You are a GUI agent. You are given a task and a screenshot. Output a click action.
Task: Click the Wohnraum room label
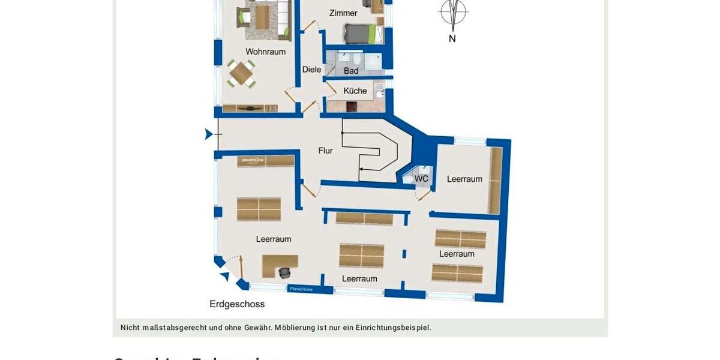pos(265,52)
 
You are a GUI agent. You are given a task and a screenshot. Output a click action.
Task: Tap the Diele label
pos(311,70)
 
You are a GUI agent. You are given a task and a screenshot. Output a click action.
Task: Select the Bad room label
pos(351,71)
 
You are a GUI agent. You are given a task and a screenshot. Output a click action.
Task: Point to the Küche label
pos(355,91)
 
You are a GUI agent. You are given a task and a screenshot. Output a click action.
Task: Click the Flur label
pos(325,151)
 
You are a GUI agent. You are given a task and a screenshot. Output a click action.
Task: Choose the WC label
pos(422,179)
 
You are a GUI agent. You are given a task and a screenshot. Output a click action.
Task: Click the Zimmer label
pos(343,13)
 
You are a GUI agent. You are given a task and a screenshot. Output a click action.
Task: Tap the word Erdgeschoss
pos(237,304)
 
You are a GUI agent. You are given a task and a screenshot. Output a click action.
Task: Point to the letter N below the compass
pos(452,38)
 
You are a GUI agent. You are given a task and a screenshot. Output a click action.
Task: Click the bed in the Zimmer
pos(360,34)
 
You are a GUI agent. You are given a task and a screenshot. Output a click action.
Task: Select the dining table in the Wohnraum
pos(241,74)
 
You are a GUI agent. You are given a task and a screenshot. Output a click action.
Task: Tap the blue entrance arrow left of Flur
pos(208,134)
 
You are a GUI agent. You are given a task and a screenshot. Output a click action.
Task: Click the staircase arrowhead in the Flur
pos(361,170)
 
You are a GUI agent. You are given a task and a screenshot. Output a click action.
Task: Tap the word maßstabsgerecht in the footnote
pos(175,328)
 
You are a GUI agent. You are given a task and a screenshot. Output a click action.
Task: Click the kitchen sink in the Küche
pos(379,94)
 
